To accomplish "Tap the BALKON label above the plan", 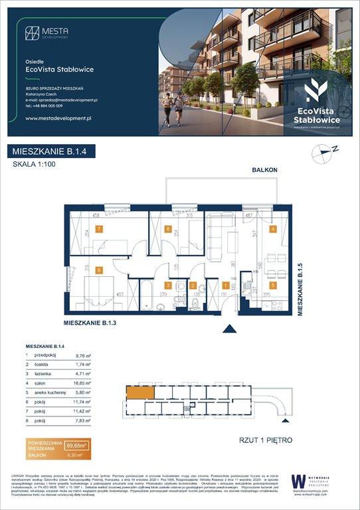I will coord(264,171).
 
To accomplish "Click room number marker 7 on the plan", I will coord(98,230).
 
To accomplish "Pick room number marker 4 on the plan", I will coord(272,230).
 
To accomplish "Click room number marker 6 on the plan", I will coord(98,270).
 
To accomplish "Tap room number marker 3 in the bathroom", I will coord(169,286).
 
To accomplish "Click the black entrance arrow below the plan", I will coord(230,328).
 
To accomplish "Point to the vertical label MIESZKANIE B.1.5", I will coord(300,289).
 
